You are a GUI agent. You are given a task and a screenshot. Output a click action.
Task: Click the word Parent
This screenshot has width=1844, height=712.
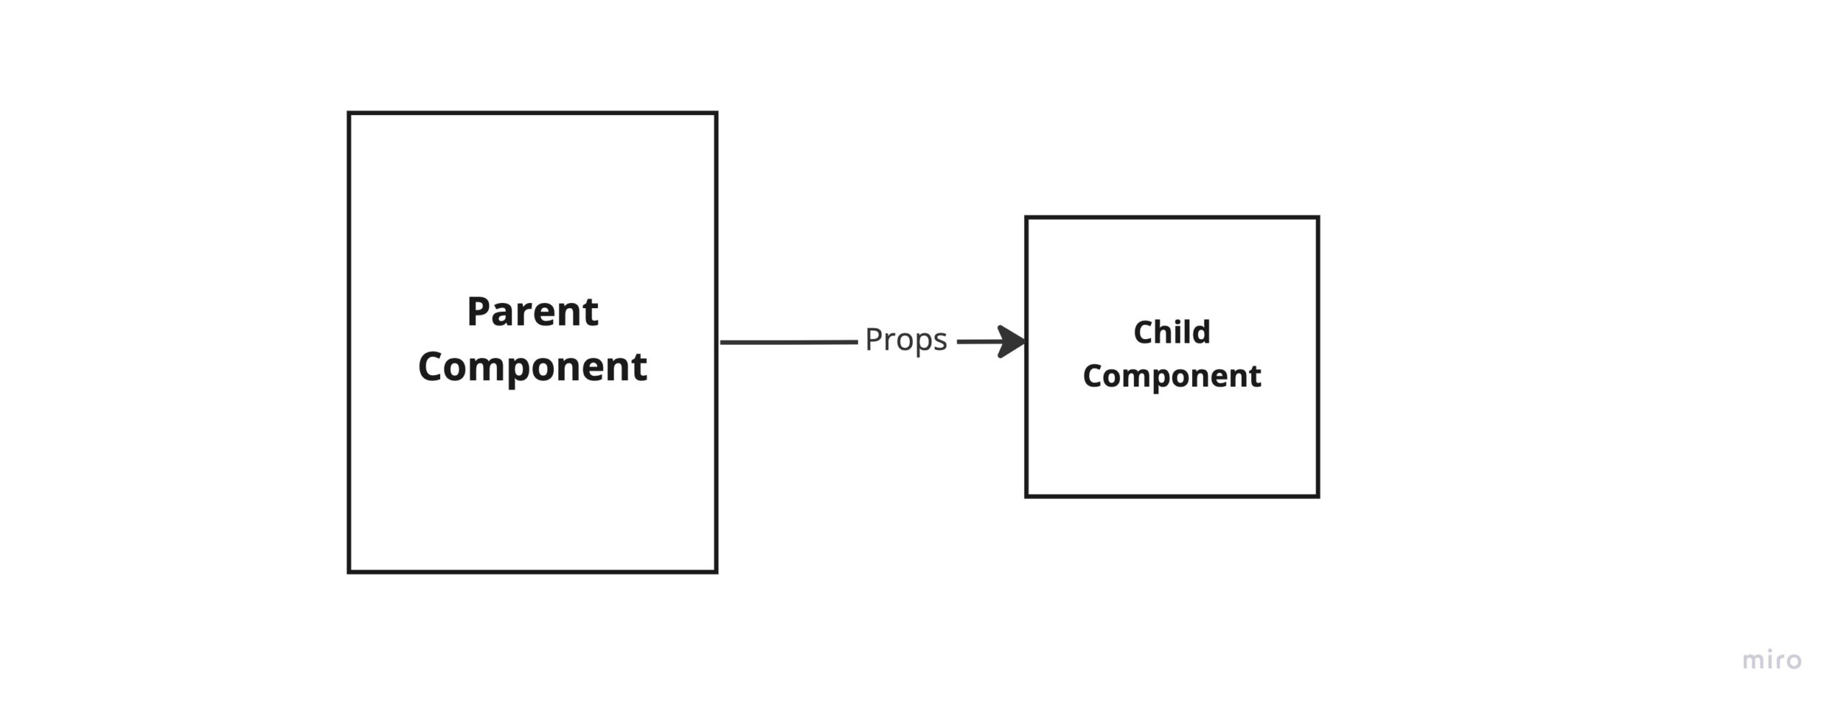(532, 312)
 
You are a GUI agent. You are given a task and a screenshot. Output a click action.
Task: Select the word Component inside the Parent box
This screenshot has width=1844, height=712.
(532, 367)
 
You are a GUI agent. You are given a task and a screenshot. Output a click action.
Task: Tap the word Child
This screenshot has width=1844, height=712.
(1171, 333)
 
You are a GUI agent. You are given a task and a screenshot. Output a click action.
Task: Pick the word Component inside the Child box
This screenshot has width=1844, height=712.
(1171, 376)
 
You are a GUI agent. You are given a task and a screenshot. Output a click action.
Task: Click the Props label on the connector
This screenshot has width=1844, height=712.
(905, 340)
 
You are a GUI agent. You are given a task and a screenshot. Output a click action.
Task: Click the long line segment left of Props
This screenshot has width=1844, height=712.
(789, 343)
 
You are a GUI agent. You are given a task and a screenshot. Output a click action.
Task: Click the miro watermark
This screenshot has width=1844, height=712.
(1772, 660)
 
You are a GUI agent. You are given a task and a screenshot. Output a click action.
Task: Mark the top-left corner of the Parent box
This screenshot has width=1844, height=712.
(349, 113)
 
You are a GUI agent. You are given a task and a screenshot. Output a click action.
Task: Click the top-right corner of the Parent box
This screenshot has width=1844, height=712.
(716, 113)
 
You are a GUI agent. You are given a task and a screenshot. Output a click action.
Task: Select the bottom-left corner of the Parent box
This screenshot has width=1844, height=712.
(349, 572)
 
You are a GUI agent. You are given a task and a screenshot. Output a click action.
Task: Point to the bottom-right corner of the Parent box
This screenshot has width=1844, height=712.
(716, 572)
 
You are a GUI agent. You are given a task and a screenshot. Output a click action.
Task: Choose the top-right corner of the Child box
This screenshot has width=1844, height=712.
(1317, 217)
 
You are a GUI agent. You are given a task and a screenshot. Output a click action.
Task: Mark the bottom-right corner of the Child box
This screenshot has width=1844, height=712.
(1317, 495)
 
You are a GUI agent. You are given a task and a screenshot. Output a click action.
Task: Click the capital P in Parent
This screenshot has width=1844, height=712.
(479, 312)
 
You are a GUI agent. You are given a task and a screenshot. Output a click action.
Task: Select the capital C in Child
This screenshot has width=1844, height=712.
(1144, 333)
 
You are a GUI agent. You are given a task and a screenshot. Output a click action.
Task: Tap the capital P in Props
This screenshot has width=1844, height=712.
(874, 339)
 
